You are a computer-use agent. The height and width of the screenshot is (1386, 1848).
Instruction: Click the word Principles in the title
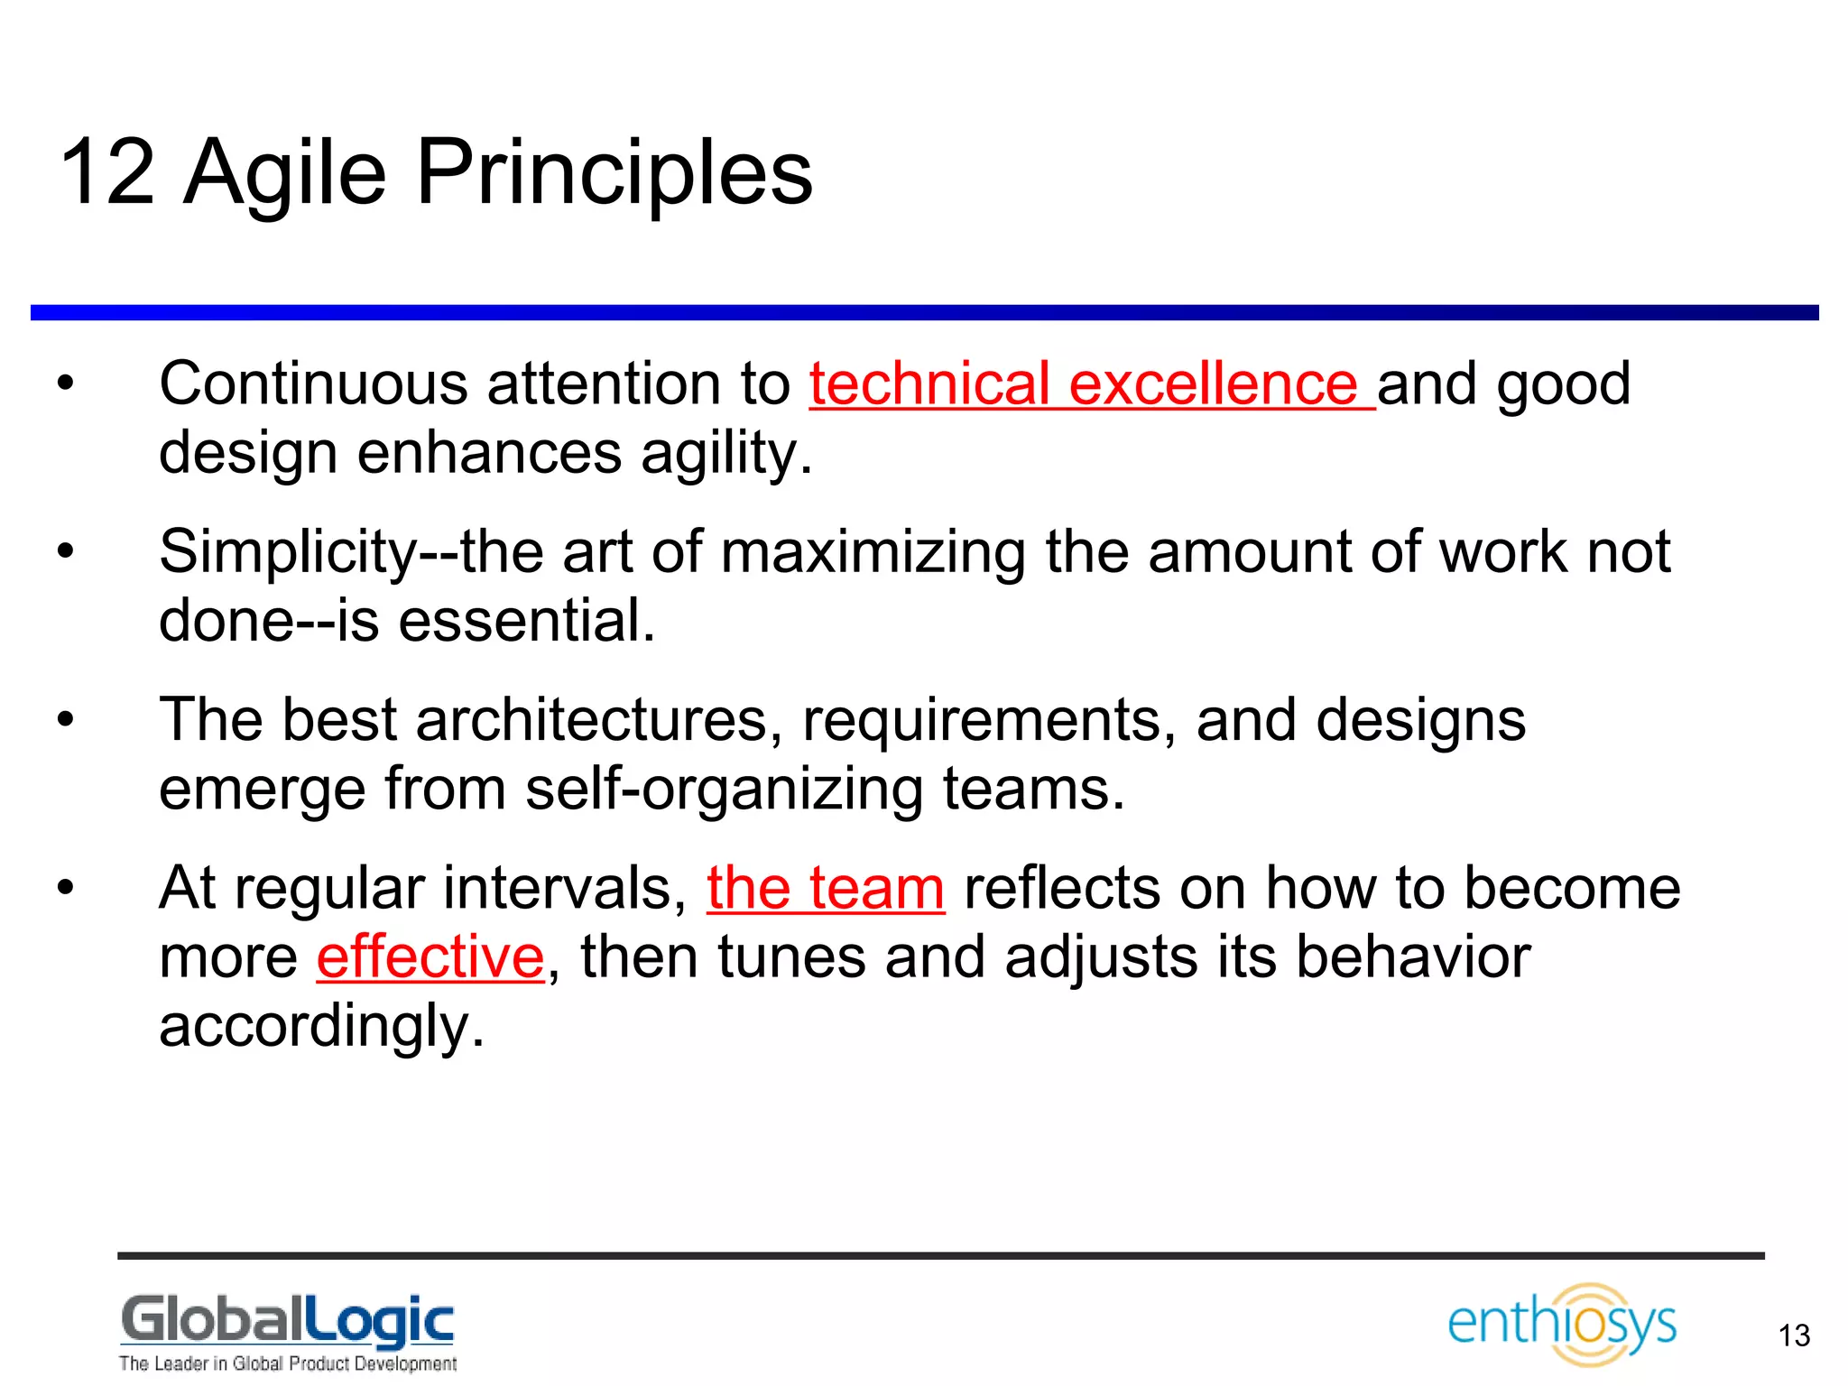coord(614,172)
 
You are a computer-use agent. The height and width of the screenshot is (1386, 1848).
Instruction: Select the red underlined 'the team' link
coord(825,888)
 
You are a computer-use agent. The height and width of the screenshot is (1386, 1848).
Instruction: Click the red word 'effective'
coord(430,957)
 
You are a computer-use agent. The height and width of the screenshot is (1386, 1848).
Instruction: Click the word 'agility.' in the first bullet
coord(726,453)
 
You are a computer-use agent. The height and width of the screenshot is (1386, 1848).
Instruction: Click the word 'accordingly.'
coord(322,1027)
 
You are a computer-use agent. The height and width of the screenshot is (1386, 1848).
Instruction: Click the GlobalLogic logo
coord(287,1322)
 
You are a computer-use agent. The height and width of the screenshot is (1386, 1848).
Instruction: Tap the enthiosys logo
coord(1562,1324)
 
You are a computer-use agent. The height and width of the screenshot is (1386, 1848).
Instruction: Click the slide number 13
coord(1794,1335)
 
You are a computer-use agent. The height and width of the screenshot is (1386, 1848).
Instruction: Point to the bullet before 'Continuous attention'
coord(65,383)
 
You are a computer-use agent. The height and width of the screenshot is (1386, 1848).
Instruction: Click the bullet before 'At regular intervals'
coord(65,888)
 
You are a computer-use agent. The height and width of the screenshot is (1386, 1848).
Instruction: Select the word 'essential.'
coord(527,622)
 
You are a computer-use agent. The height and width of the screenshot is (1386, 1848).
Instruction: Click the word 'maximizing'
coord(873,552)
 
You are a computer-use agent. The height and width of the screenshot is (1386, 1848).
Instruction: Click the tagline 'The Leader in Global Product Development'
coord(287,1363)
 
